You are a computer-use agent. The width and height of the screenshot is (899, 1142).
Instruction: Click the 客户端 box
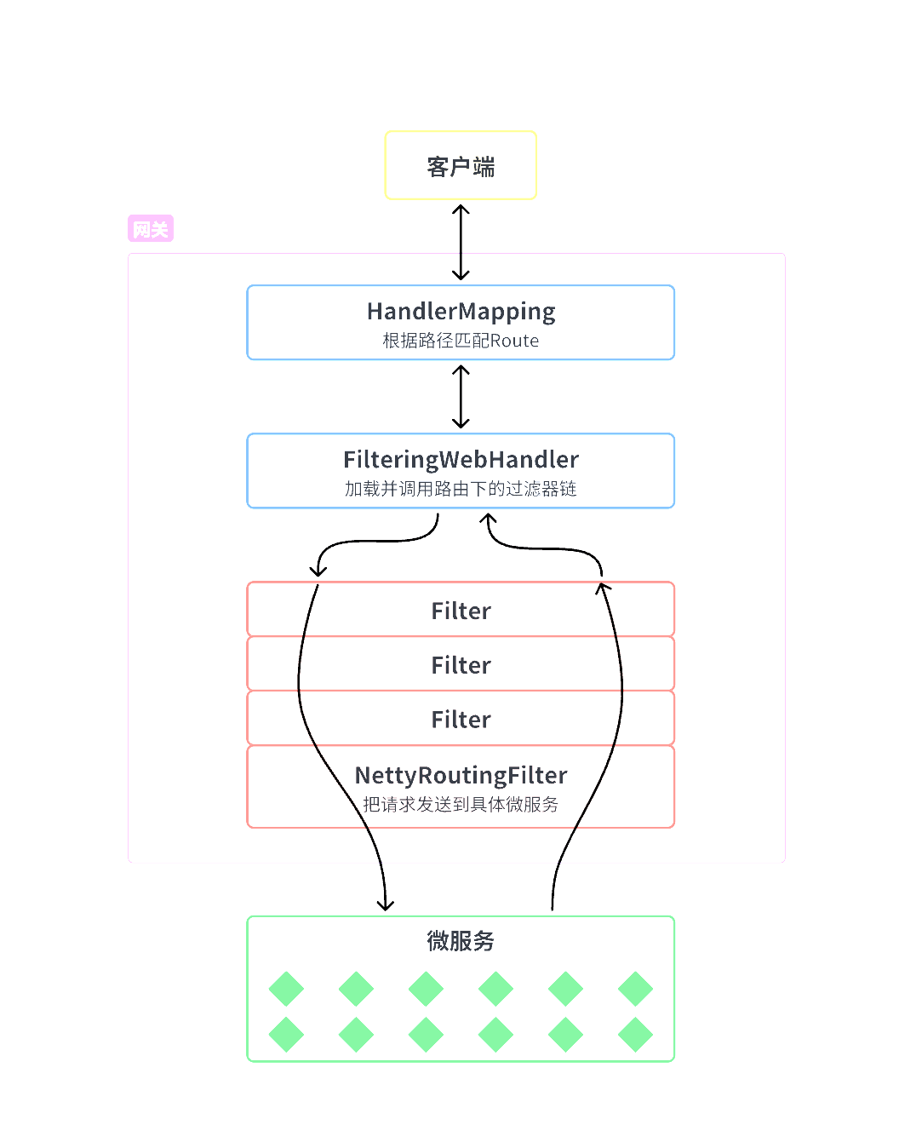click(461, 166)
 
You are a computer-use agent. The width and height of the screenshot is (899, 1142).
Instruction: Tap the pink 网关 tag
click(151, 229)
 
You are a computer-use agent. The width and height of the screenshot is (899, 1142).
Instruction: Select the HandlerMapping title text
click(461, 312)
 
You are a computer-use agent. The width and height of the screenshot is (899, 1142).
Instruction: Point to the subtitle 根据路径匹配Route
click(461, 341)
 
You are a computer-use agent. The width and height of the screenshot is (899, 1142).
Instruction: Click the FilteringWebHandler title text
click(461, 460)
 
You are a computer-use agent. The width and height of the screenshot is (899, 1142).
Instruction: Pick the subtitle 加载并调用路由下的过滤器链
click(461, 489)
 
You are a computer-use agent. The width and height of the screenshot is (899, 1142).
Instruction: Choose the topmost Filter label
click(461, 611)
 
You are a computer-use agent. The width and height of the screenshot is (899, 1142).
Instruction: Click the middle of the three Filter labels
click(461, 665)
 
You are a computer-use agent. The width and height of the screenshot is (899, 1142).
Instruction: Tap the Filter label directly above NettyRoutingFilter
click(461, 720)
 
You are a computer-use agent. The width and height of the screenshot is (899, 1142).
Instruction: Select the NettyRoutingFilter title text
click(461, 775)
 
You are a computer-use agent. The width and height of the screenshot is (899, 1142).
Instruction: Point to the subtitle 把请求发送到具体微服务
click(461, 804)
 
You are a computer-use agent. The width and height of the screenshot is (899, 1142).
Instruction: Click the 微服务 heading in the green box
click(461, 941)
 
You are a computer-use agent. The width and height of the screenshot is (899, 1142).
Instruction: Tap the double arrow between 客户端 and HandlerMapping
click(461, 243)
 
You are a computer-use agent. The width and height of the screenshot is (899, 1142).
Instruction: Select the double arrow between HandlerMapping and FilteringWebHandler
click(461, 397)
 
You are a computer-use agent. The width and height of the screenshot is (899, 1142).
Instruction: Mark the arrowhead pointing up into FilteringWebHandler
click(489, 518)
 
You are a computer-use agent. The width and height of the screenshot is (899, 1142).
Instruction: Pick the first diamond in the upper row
click(286, 989)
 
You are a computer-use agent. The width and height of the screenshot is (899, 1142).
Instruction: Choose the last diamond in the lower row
click(635, 1035)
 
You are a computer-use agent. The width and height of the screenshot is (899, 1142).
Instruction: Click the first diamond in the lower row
click(286, 1035)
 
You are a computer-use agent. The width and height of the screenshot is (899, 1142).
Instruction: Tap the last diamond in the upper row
click(635, 989)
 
